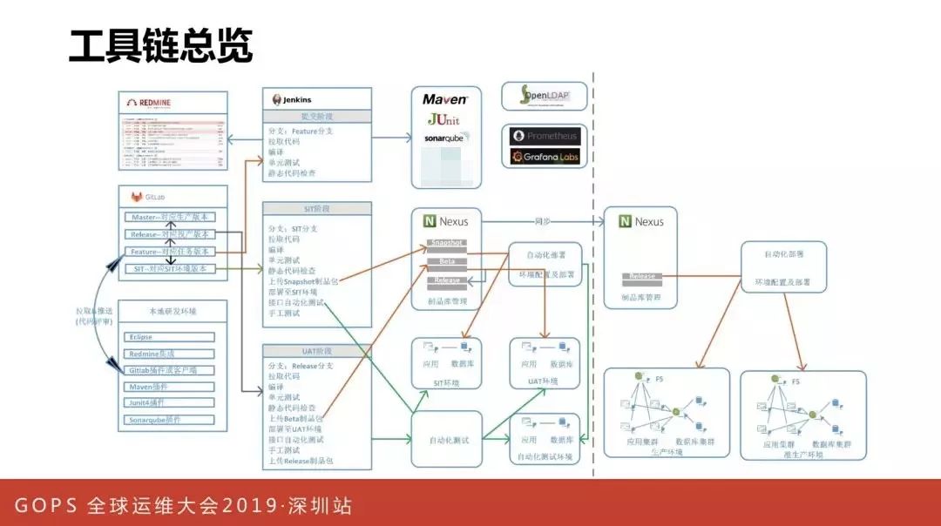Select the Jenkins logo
[x=293, y=99]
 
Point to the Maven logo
[x=444, y=99]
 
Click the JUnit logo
[x=443, y=118]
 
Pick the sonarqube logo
[x=445, y=138]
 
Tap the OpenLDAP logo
[x=543, y=96]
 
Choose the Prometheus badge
[x=545, y=137]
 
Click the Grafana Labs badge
[x=545, y=157]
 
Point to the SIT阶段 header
[x=317, y=209]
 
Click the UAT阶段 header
[x=317, y=351]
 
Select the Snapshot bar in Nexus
[x=446, y=243]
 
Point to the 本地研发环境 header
[x=172, y=310]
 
